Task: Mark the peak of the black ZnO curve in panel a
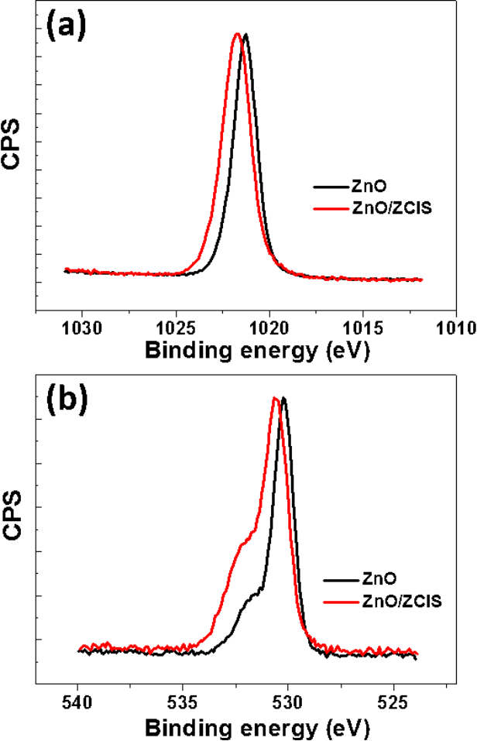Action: click(x=245, y=35)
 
